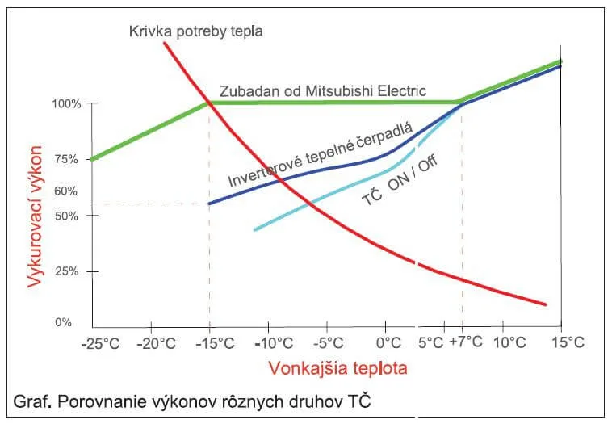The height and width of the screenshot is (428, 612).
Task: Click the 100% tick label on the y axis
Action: [x=66, y=104]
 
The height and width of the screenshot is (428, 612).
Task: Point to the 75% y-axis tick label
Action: [x=68, y=160]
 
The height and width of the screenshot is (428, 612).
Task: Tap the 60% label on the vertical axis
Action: [x=68, y=191]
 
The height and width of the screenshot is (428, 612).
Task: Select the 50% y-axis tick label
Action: [x=68, y=216]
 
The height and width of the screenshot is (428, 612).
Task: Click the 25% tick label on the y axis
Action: [x=68, y=271]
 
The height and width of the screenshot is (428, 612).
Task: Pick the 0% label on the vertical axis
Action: [x=63, y=323]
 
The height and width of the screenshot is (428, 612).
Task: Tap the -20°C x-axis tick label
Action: [x=157, y=342]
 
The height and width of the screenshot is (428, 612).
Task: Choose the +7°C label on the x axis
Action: [x=467, y=342]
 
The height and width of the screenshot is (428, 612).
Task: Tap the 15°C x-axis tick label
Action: [x=568, y=342]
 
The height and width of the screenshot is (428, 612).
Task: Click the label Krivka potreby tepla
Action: [x=196, y=31]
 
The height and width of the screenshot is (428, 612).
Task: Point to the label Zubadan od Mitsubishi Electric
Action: [x=323, y=90]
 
